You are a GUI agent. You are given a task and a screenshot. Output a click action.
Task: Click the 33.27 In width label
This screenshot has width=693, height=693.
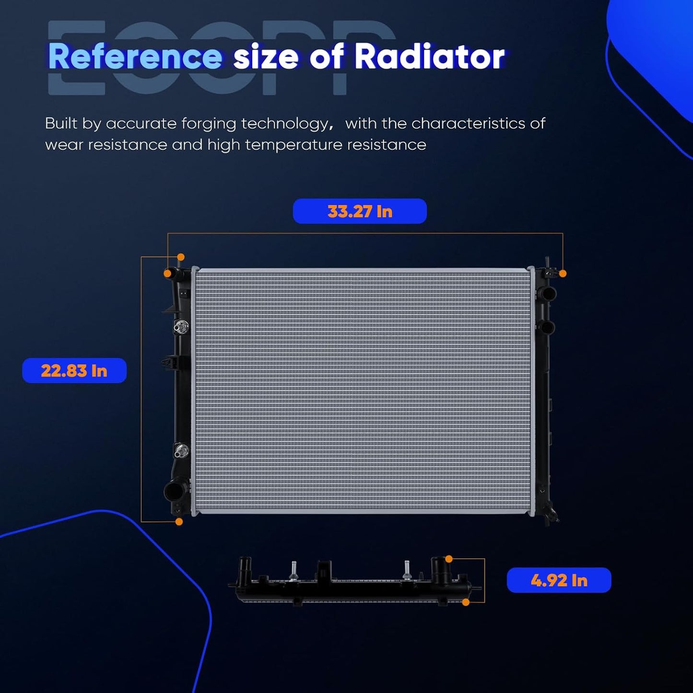point(360,211)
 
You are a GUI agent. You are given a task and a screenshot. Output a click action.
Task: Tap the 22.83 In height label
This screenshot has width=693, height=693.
point(74,370)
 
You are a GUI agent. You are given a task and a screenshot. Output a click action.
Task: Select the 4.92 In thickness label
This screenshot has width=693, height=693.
point(559,580)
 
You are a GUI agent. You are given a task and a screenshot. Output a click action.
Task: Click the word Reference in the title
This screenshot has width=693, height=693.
point(135,57)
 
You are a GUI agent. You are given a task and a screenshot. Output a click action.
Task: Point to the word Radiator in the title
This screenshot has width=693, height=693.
point(430,57)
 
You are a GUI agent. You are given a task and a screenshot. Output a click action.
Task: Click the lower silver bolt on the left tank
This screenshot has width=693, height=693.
point(180,449)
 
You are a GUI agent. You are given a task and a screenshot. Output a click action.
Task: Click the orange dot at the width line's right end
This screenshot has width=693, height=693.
point(563,274)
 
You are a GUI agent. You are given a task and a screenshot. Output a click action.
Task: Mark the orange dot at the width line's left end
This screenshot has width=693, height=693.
point(167,273)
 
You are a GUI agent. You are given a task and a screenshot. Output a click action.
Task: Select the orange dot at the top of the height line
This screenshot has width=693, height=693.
point(181,257)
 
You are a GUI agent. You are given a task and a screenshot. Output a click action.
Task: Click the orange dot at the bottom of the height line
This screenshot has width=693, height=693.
point(179,522)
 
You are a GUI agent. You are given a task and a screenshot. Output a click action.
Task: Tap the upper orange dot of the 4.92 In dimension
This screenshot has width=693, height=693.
point(449,559)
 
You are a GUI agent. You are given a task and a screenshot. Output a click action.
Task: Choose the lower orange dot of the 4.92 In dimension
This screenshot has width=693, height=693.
point(466,602)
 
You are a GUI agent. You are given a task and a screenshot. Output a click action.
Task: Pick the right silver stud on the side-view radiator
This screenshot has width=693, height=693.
point(407,569)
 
